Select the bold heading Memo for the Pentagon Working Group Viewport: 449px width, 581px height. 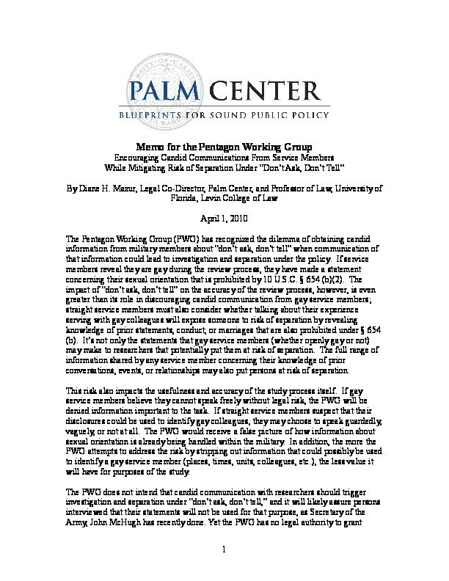[224, 147]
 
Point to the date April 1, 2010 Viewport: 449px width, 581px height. [224, 219]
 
